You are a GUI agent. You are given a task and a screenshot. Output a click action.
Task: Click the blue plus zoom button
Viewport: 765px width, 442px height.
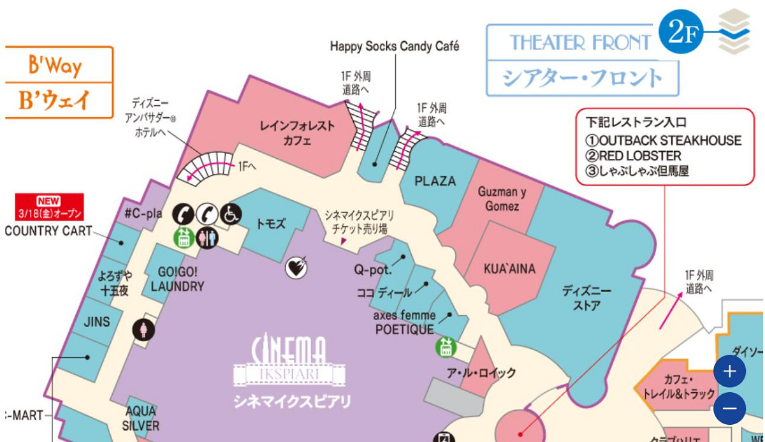(x=730, y=371)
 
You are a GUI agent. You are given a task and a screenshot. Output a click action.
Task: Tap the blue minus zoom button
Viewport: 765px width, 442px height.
(x=730, y=408)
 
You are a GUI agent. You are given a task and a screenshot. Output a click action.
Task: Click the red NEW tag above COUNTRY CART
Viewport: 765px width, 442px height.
(x=49, y=201)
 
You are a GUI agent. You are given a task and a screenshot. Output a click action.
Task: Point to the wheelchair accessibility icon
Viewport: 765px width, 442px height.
(x=231, y=214)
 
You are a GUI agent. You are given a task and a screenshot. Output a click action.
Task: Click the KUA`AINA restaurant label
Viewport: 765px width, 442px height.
(x=509, y=269)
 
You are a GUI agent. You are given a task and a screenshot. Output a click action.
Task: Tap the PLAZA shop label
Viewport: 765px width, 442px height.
(x=435, y=181)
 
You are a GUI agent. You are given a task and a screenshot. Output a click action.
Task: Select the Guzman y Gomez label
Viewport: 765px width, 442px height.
(x=502, y=198)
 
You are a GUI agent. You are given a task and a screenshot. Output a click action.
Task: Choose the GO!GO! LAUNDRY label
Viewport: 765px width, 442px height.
(x=177, y=279)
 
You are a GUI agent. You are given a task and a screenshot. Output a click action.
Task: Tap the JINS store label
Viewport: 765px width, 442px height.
(x=97, y=321)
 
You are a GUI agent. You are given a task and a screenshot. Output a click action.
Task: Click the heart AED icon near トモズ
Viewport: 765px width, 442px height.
(x=296, y=268)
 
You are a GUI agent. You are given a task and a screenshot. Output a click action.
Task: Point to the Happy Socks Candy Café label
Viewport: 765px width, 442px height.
(x=395, y=47)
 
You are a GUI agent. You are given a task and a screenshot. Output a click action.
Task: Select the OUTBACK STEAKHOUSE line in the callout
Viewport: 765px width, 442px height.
(x=664, y=140)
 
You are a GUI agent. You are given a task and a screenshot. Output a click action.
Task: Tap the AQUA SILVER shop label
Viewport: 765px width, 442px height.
(x=141, y=418)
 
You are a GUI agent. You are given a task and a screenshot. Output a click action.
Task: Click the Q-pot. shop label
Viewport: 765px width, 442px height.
(x=372, y=270)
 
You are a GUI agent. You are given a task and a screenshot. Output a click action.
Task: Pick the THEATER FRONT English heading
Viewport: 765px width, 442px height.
(x=579, y=43)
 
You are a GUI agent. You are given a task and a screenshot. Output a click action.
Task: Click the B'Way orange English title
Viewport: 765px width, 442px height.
(x=55, y=65)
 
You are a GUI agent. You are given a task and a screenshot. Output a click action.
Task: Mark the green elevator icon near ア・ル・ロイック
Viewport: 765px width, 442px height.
(x=446, y=348)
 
